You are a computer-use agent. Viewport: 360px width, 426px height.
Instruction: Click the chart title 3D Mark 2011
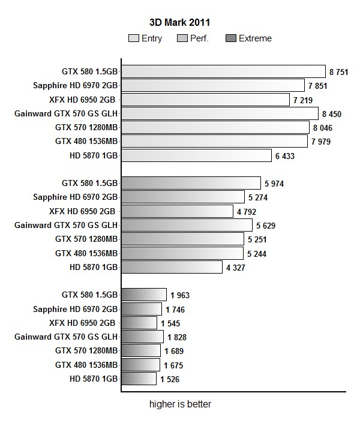pos(179,23)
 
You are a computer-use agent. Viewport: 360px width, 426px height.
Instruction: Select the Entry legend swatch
pos(134,38)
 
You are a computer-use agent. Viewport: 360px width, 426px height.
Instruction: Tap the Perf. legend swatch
pos(182,38)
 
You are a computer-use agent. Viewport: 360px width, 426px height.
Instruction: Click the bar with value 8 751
pos(223,71)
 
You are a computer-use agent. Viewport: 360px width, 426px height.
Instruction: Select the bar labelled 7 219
pos(206,100)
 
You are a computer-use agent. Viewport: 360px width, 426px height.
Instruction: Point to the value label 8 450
pos(332,113)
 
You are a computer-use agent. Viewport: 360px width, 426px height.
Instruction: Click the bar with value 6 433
pos(197,155)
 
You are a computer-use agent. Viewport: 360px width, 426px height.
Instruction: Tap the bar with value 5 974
pos(191,183)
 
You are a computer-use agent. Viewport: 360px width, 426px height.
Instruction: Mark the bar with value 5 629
pos(187,225)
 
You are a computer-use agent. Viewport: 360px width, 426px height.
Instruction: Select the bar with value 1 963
pos(144,295)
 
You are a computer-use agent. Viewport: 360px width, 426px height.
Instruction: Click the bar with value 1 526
pos(139,379)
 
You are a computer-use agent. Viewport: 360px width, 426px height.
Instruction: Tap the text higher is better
pos(180,404)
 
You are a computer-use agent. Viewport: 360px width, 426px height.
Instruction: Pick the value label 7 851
pos(318,86)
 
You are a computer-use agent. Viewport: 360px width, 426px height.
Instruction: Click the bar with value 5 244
pos(183,253)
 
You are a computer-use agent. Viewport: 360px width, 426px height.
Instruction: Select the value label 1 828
pos(178,337)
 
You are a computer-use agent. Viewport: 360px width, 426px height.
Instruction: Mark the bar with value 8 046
pos(215,127)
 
